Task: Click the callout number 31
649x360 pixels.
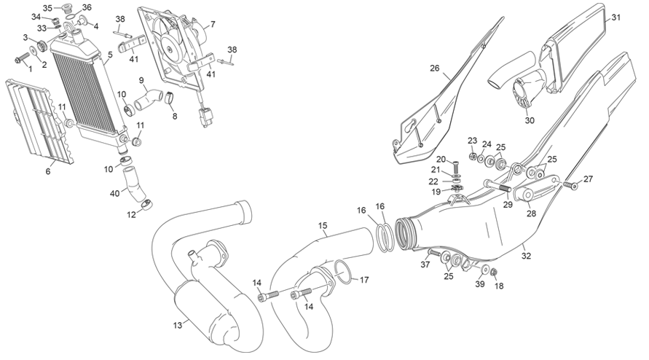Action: pos(616,17)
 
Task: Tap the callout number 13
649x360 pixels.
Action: pos(178,326)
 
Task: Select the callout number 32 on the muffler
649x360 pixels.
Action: pos(526,256)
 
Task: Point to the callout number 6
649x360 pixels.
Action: pos(48,171)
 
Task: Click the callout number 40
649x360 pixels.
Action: pos(114,193)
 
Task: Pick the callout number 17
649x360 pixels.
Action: pos(364,280)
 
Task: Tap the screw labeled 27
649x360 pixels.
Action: pos(569,185)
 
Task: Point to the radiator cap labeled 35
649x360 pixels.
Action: pos(66,9)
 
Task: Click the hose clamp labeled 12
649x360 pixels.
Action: pos(146,204)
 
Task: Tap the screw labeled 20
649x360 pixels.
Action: pos(457,168)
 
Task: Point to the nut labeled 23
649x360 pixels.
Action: pos(471,157)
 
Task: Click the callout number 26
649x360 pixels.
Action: pos(434,68)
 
